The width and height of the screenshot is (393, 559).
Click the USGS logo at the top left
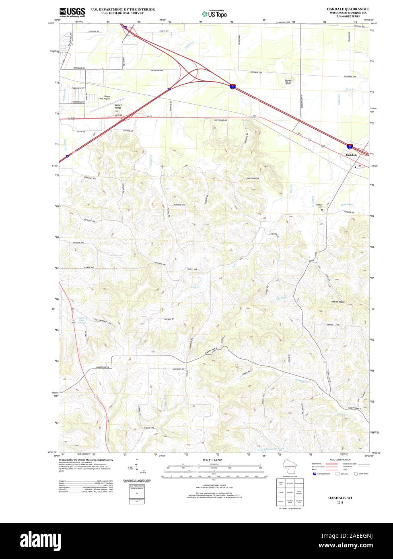click(x=72, y=12)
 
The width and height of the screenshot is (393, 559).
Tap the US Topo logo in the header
click(x=214, y=14)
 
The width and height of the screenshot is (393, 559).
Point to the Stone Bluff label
click(x=288, y=82)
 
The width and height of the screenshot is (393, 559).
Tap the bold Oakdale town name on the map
click(x=351, y=155)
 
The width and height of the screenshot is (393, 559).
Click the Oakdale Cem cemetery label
click(x=319, y=206)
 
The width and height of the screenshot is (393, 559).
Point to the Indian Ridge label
click(x=338, y=302)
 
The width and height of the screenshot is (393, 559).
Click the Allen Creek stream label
click(x=346, y=205)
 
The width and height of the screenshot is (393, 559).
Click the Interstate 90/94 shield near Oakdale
click(x=350, y=146)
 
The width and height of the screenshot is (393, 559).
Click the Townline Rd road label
click(x=79, y=68)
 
